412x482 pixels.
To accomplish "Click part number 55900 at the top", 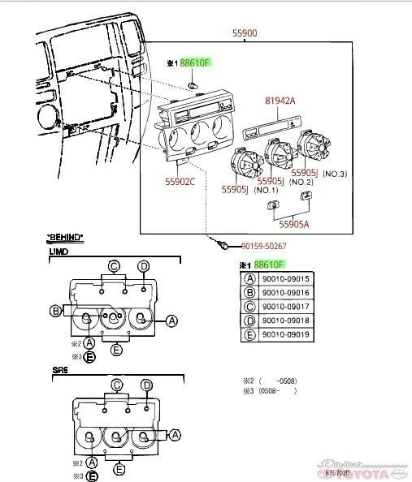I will point(245,33).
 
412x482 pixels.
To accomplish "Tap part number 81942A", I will point(280,103).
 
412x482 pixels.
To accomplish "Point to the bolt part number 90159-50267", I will point(263,246).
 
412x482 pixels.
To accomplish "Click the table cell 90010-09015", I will point(285,279).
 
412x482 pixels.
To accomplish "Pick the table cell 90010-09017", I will point(285,307).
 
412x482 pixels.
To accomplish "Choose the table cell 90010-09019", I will point(285,334).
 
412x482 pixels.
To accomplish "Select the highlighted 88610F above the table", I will point(269,265).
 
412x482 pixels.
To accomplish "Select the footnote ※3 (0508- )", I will point(270,391).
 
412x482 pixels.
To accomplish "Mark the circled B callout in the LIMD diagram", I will point(55,311).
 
